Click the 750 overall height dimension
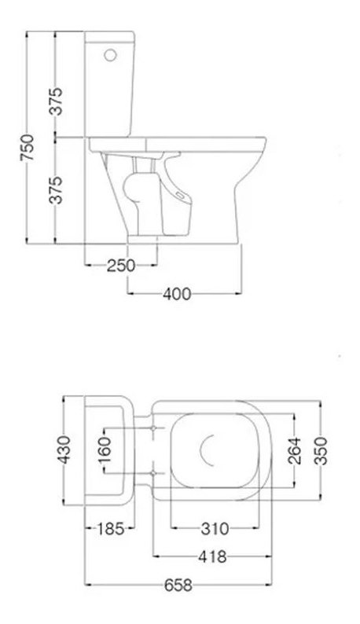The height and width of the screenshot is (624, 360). [x=27, y=147]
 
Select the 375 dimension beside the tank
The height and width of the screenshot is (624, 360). [x=57, y=99]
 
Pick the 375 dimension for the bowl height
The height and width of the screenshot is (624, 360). [x=57, y=189]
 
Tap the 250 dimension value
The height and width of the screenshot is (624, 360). [x=121, y=265]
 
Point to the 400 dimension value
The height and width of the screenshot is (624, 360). [x=176, y=294]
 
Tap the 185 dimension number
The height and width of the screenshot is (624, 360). [x=109, y=529]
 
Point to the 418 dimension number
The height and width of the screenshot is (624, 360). [x=211, y=557]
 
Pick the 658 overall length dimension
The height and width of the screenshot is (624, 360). [x=178, y=585]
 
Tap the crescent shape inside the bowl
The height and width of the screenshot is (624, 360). [x=209, y=450]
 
